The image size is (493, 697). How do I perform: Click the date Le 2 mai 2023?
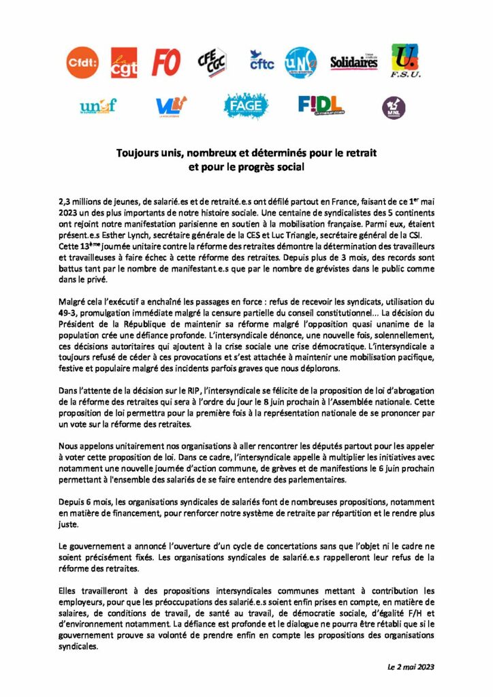(407, 666)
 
